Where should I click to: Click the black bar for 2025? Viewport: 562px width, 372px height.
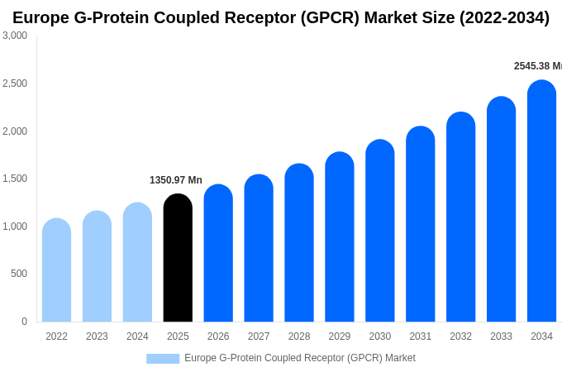(178, 258)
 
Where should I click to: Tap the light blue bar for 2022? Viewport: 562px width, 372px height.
(56, 270)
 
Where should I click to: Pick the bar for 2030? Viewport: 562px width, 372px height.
(380, 231)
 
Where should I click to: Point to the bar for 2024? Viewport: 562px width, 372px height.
(137, 262)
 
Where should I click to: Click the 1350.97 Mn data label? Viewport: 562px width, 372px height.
(176, 180)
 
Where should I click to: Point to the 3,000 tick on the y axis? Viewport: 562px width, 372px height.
(15, 36)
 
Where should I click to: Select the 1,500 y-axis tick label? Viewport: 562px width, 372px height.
(15, 179)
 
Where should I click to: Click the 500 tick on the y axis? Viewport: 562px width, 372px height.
(18, 274)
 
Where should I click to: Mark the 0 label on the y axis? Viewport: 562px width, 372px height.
(24, 322)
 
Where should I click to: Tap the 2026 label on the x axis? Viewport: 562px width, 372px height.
(218, 336)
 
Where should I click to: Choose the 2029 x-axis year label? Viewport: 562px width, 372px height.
(340, 336)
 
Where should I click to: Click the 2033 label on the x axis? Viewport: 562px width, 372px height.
(501, 336)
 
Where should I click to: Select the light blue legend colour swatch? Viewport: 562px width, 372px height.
(163, 359)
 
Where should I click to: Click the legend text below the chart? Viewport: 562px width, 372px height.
(299, 358)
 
